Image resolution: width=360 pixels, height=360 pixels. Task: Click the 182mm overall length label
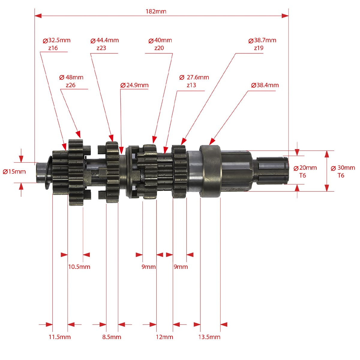(x=156, y=12)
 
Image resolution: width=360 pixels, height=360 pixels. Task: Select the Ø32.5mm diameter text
(x=56, y=40)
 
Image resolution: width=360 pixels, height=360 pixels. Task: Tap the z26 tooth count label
(x=70, y=85)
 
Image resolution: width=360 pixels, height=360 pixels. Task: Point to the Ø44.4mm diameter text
(x=105, y=40)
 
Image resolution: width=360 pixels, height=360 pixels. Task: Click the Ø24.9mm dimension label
(x=134, y=85)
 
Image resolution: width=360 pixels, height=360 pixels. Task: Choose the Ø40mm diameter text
(x=160, y=40)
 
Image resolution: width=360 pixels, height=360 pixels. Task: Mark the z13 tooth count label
(x=191, y=85)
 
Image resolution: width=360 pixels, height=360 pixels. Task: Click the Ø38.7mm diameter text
(x=262, y=40)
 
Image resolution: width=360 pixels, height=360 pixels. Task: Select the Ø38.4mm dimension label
(x=265, y=85)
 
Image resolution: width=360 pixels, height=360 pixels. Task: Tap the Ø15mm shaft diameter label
(x=14, y=172)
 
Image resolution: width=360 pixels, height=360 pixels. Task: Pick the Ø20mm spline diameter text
(x=305, y=168)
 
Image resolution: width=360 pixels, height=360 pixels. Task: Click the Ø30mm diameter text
(x=343, y=168)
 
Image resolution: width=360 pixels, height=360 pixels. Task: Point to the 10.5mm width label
(x=79, y=267)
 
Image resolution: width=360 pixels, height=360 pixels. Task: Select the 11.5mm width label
(x=60, y=337)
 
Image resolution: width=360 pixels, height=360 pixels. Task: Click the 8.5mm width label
(x=112, y=337)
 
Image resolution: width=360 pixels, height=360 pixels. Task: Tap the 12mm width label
(x=164, y=337)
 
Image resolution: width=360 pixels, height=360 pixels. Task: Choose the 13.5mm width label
(x=209, y=337)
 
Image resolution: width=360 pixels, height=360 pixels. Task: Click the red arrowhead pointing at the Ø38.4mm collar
(x=212, y=141)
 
